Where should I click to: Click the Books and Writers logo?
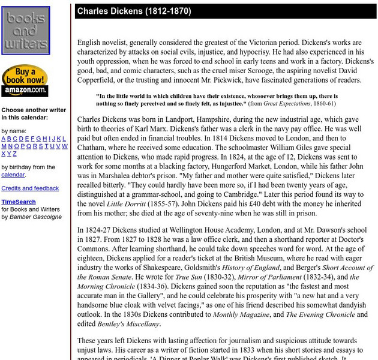click(26, 31)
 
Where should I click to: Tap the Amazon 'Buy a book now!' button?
click(25, 80)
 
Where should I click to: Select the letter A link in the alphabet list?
click(4, 139)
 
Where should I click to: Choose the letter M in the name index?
click(4, 146)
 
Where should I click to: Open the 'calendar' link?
click(13, 175)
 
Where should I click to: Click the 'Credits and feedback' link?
click(30, 188)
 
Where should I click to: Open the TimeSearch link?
click(18, 202)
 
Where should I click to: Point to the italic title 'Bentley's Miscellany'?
click(128, 324)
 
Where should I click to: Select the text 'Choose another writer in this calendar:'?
click(34, 113)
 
